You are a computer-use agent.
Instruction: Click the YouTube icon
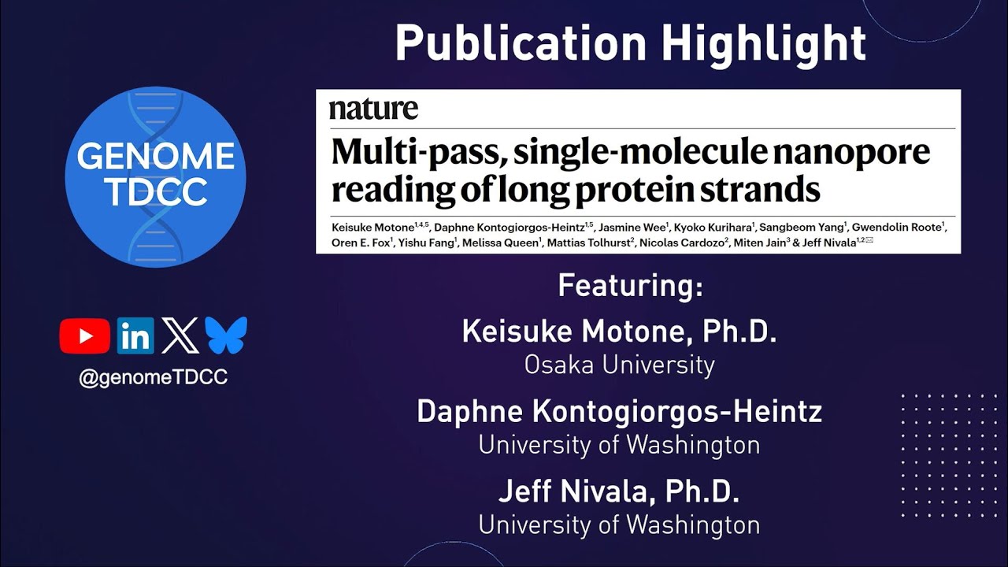tap(84, 336)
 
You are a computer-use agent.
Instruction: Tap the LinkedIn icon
tap(135, 336)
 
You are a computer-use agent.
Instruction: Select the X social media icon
tap(180, 336)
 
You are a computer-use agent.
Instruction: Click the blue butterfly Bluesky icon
tap(226, 335)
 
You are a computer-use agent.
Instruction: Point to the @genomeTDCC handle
tap(153, 377)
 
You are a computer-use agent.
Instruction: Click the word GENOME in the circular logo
tap(155, 157)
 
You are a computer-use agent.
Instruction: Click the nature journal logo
tap(373, 109)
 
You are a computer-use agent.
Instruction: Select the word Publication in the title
tap(521, 43)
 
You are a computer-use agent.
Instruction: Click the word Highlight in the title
tap(763, 43)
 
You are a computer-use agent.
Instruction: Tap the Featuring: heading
tap(630, 285)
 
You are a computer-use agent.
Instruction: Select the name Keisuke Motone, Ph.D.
tap(619, 332)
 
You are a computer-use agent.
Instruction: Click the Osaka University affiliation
tap(619, 365)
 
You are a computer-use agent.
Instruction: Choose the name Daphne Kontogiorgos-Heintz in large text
tap(619, 412)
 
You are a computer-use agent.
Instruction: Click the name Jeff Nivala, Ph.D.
tap(619, 492)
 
